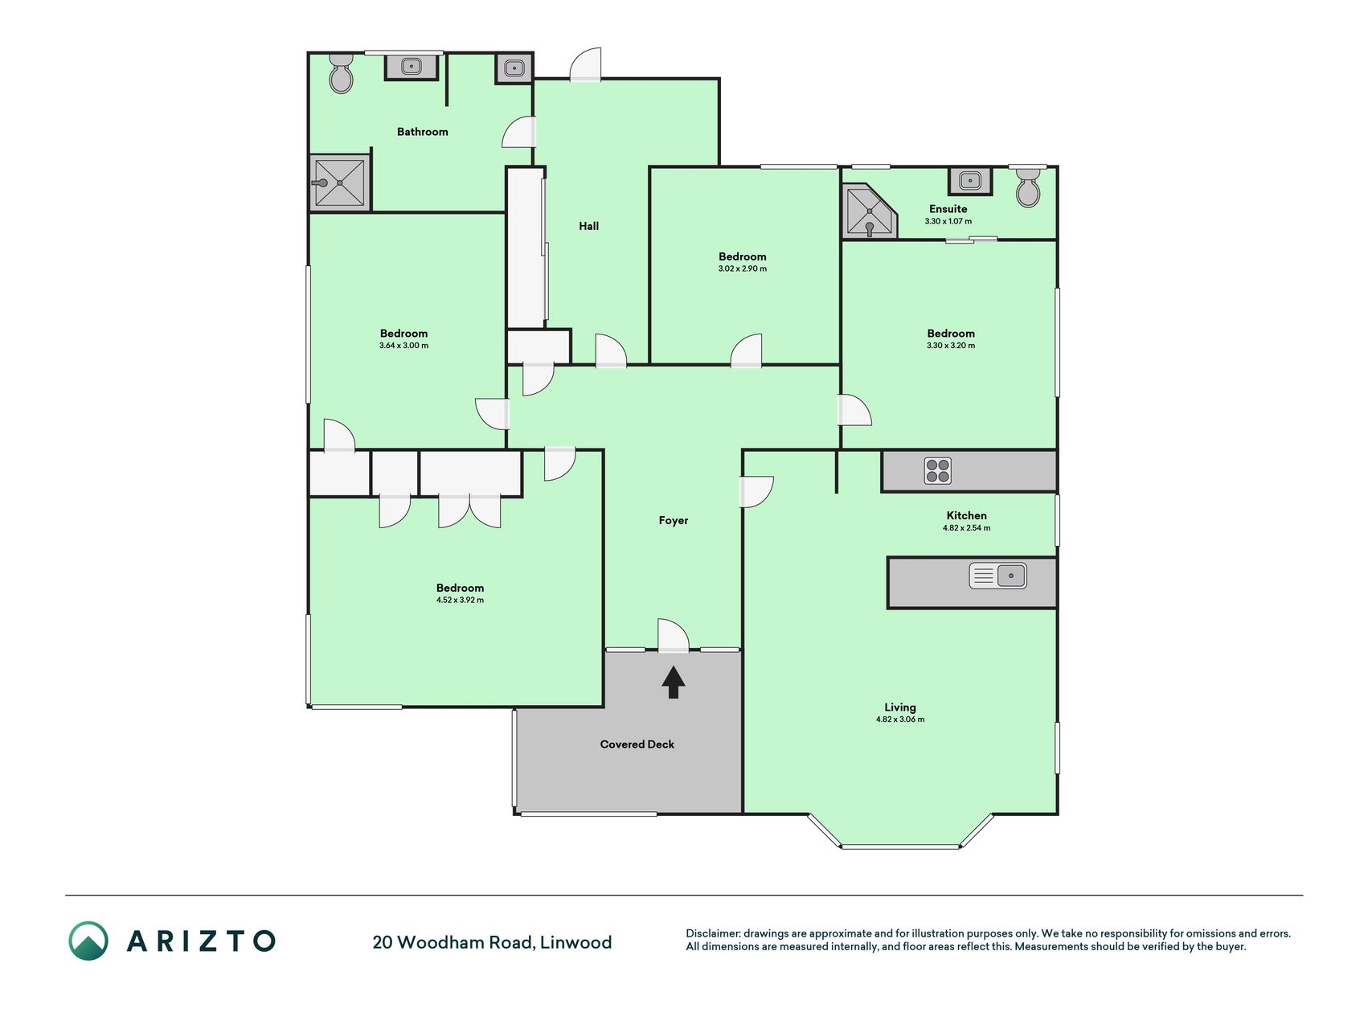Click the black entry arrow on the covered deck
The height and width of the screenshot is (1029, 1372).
[674, 683]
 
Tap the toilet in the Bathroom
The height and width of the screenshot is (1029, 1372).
[342, 73]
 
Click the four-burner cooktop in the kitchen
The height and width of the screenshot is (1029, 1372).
[937, 470]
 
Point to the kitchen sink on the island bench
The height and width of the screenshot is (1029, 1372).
[997, 576]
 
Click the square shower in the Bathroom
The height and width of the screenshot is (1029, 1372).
[340, 182]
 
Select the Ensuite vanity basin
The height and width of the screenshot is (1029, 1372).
[970, 181]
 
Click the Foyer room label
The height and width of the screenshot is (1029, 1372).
[674, 520]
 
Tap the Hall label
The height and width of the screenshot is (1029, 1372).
[589, 226]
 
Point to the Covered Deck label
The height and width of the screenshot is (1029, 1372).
[637, 744]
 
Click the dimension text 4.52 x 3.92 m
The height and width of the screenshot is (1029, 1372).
[460, 600]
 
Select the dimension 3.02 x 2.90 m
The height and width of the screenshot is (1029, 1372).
[743, 269]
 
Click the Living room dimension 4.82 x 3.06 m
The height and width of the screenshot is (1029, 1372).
[900, 719]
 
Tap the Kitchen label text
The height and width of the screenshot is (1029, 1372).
[967, 515]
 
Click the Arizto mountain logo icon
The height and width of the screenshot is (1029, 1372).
[88, 941]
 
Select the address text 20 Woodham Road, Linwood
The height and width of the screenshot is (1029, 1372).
[492, 942]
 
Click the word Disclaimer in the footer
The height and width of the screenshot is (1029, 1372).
[712, 933]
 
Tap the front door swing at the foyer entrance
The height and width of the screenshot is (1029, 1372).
[674, 634]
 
